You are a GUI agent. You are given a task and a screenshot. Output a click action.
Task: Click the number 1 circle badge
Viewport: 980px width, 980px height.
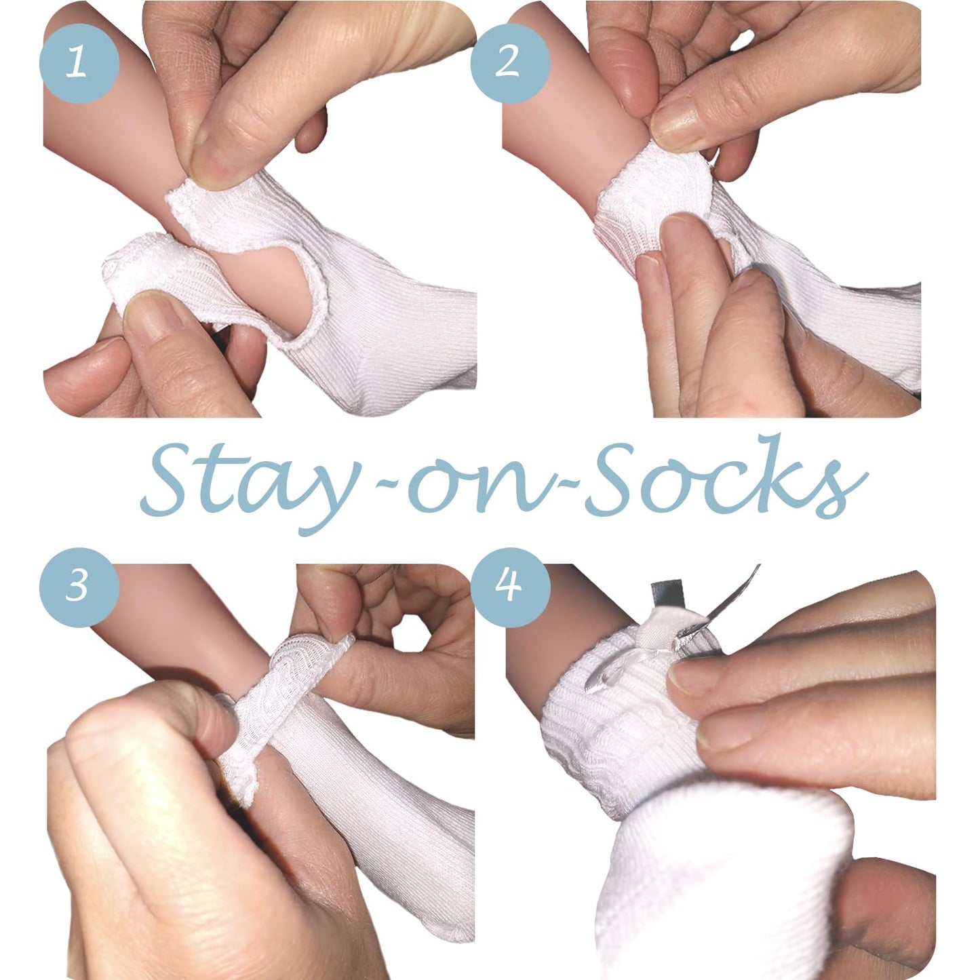79,64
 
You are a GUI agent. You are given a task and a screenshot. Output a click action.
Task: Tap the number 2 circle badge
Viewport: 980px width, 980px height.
510,64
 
